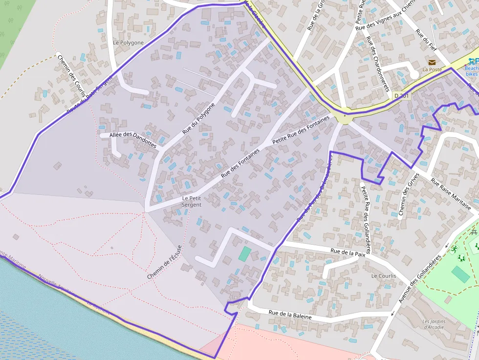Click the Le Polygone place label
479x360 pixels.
click(128, 42)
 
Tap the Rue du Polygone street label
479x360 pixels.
click(198, 119)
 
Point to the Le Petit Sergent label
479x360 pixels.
click(191, 201)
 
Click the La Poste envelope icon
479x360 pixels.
click(432, 62)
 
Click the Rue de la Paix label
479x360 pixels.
click(348, 253)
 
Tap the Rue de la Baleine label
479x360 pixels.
click(290, 315)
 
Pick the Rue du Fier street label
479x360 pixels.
click(426, 41)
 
